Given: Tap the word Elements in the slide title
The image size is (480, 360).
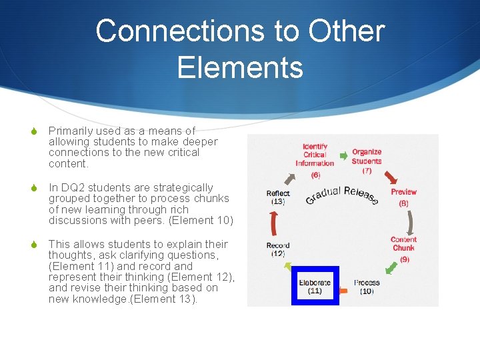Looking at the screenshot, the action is point(240,67).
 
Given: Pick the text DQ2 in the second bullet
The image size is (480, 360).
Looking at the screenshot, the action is point(73,188).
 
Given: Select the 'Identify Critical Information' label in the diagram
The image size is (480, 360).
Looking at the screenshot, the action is point(315,155).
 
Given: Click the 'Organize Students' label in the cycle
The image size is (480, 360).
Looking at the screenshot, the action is point(367,157).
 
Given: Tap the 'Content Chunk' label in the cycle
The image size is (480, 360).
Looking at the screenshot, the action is point(403,244).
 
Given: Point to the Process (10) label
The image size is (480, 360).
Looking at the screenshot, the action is point(367,287).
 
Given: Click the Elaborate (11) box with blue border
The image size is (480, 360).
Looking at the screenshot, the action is point(315,286).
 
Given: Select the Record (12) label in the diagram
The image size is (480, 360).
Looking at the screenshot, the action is point(278,249).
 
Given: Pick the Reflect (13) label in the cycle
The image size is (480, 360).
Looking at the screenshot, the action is point(278,197).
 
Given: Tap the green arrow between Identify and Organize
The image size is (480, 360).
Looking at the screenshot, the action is point(343,156).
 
